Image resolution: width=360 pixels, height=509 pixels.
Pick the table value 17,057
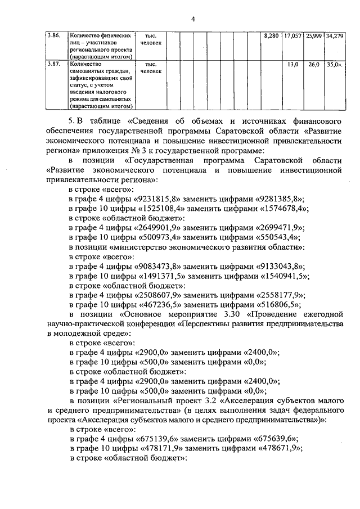pyautogui.click(x=292, y=35)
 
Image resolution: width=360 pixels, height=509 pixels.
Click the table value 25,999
pyautogui.click(x=313, y=35)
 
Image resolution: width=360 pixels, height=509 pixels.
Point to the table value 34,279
pyautogui.click(x=334, y=35)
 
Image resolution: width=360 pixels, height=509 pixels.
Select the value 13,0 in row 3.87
pyautogui.click(x=292, y=65)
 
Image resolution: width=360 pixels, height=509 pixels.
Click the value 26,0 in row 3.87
pyautogui.click(x=313, y=65)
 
